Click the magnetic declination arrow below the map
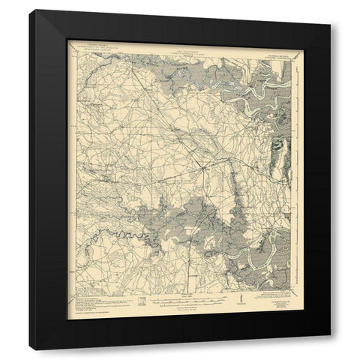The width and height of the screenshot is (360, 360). (x=240, y=299)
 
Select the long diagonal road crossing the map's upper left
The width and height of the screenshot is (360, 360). (x=135, y=112)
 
